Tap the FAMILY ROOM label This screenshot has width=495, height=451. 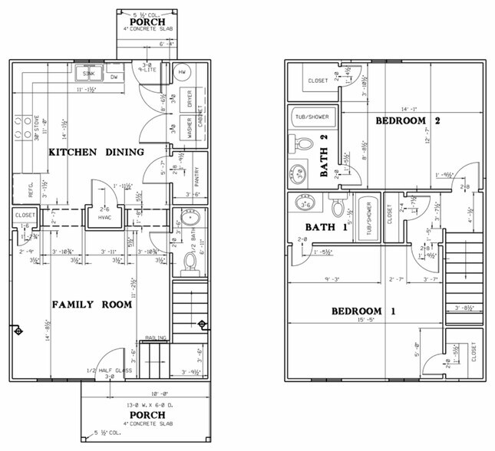click(x=92, y=305)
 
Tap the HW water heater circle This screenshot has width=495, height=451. click(x=182, y=71)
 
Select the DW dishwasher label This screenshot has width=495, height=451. click(x=113, y=77)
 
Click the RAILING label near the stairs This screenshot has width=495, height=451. click(x=157, y=337)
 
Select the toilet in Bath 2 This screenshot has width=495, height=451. click(x=302, y=143)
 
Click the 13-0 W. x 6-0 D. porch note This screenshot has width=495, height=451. click(x=147, y=404)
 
